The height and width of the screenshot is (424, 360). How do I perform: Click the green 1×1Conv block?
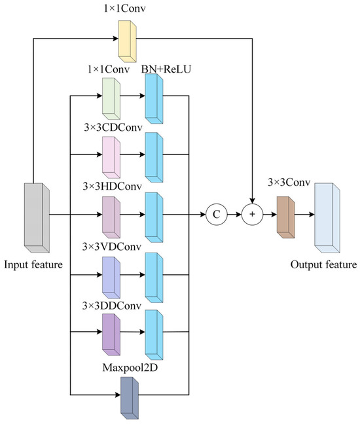click(x=111, y=99)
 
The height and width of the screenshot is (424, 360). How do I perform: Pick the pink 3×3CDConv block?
click(x=111, y=158)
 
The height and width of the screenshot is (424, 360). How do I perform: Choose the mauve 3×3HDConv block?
click(x=111, y=216)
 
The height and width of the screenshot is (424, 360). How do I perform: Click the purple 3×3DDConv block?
click(x=111, y=333)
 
